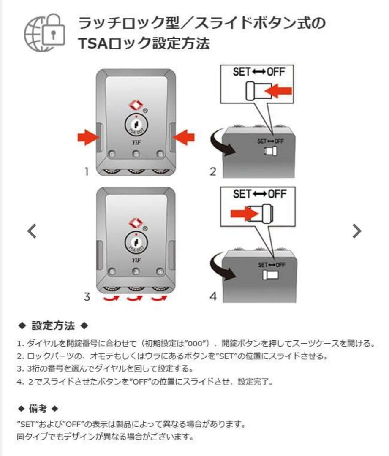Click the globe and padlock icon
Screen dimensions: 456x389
click(45, 31)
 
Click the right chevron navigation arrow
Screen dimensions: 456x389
click(357, 231)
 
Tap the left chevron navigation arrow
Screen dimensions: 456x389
click(32, 231)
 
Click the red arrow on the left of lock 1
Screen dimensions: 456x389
click(87, 137)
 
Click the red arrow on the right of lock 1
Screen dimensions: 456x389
click(183, 137)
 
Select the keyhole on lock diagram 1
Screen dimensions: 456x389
click(135, 125)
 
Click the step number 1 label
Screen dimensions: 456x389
click(87, 172)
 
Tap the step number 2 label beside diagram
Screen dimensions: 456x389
click(213, 172)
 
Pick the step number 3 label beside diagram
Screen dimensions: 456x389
click(87, 297)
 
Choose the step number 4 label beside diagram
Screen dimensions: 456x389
click(213, 297)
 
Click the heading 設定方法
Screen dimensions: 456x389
click(53, 326)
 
